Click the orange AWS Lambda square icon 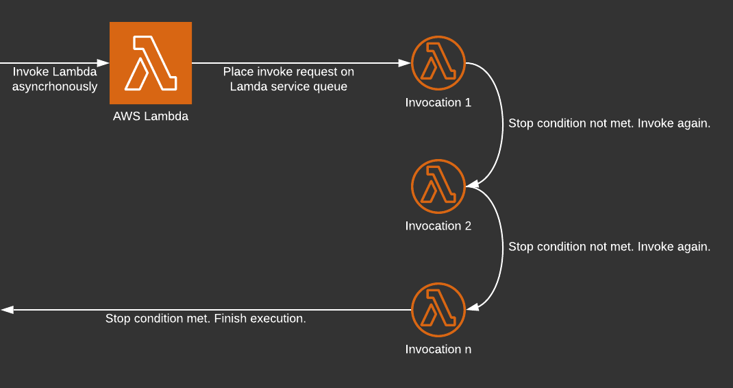coord(151,63)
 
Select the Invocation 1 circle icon coord(438,63)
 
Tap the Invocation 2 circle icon coord(438,186)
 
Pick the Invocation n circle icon coord(438,310)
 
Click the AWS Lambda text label coord(151,117)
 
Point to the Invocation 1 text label coord(438,103)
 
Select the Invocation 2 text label coord(438,226)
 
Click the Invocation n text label coord(438,350)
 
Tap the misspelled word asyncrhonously coord(55,87)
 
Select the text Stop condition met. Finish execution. coord(206,319)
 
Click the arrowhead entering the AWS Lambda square coord(103,63)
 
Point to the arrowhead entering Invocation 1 coord(405,63)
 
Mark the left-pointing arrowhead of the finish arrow coord(8,310)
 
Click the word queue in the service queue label coord(331,87)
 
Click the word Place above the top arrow coord(238,72)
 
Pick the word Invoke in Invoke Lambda coord(31,72)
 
